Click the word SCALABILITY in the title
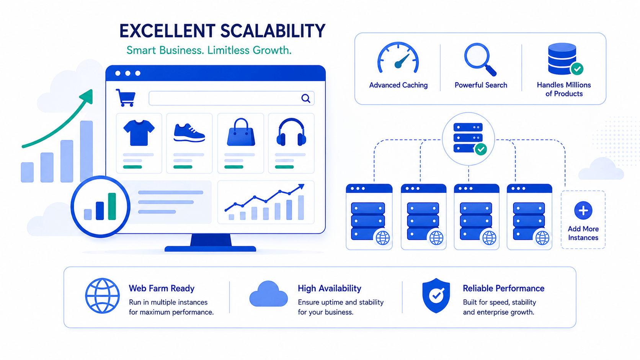273,31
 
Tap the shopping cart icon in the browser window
126,98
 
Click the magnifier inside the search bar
306,98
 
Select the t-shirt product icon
139,133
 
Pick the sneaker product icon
189,133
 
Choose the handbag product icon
241,132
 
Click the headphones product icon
291,132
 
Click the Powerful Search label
481,85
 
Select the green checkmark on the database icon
577,69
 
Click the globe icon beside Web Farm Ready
102,296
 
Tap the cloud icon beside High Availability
268,294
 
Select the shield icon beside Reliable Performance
436,295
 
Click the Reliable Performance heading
503,288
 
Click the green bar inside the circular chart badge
112,207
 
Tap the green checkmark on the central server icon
481,149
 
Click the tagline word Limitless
228,50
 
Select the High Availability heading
330,288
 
